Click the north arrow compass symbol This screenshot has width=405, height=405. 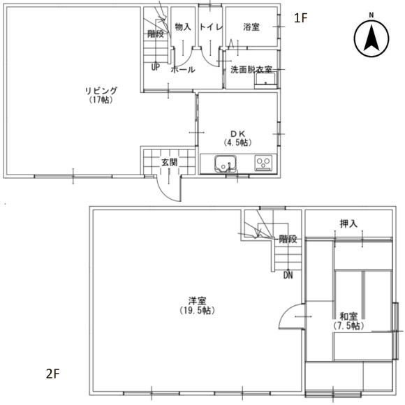[371, 38]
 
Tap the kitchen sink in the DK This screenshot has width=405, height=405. [226, 164]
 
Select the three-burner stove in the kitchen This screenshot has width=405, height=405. [264, 163]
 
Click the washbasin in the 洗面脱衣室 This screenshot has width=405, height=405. [265, 80]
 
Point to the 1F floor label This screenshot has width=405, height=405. [301, 18]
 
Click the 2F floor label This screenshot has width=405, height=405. [53, 374]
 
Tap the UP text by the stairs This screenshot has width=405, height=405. [156, 68]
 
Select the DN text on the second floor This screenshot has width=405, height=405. [288, 275]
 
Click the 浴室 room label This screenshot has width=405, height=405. [251, 27]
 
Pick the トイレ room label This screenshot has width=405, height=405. [211, 27]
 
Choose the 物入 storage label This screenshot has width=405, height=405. [183, 27]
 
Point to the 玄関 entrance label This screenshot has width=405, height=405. [170, 163]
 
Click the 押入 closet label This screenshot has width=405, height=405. [348, 223]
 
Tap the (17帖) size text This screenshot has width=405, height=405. [101, 100]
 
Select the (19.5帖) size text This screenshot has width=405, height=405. [198, 310]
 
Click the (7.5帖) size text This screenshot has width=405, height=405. [348, 325]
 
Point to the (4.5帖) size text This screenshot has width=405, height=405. [237, 142]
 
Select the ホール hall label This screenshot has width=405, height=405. [183, 70]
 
